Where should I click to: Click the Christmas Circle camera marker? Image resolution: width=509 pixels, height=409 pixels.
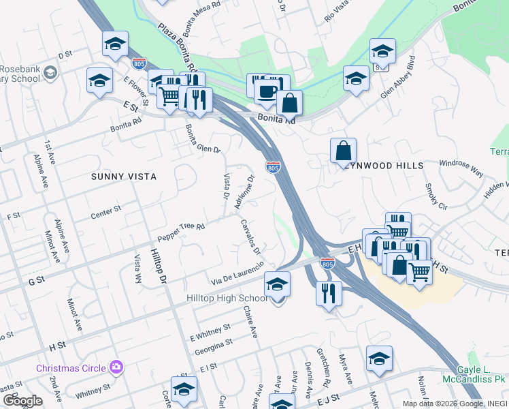[116, 367]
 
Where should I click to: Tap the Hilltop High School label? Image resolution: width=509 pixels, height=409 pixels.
[227, 299]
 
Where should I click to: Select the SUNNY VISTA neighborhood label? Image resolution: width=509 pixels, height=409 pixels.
[124, 176]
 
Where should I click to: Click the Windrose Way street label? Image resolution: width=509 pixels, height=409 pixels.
[460, 168]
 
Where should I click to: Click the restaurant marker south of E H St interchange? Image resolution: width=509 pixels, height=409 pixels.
[328, 294]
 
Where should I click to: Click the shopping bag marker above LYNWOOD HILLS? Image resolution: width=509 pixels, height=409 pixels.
[343, 151]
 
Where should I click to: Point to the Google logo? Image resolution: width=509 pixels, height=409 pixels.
[23, 400]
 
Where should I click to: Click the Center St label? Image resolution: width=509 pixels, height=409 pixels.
[105, 212]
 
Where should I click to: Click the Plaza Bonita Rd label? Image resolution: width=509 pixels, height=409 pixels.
[177, 50]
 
